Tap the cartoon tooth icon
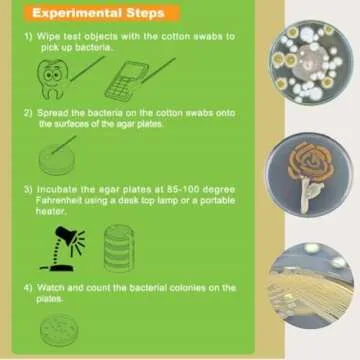[x=52, y=75]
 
